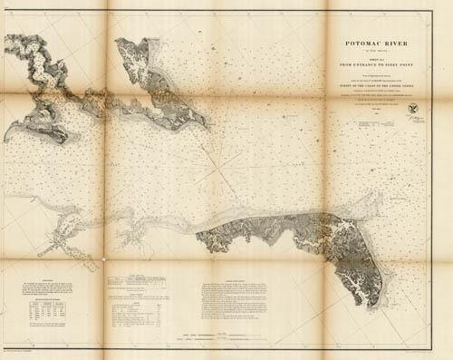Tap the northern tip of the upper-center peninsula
121,41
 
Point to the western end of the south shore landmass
200,240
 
